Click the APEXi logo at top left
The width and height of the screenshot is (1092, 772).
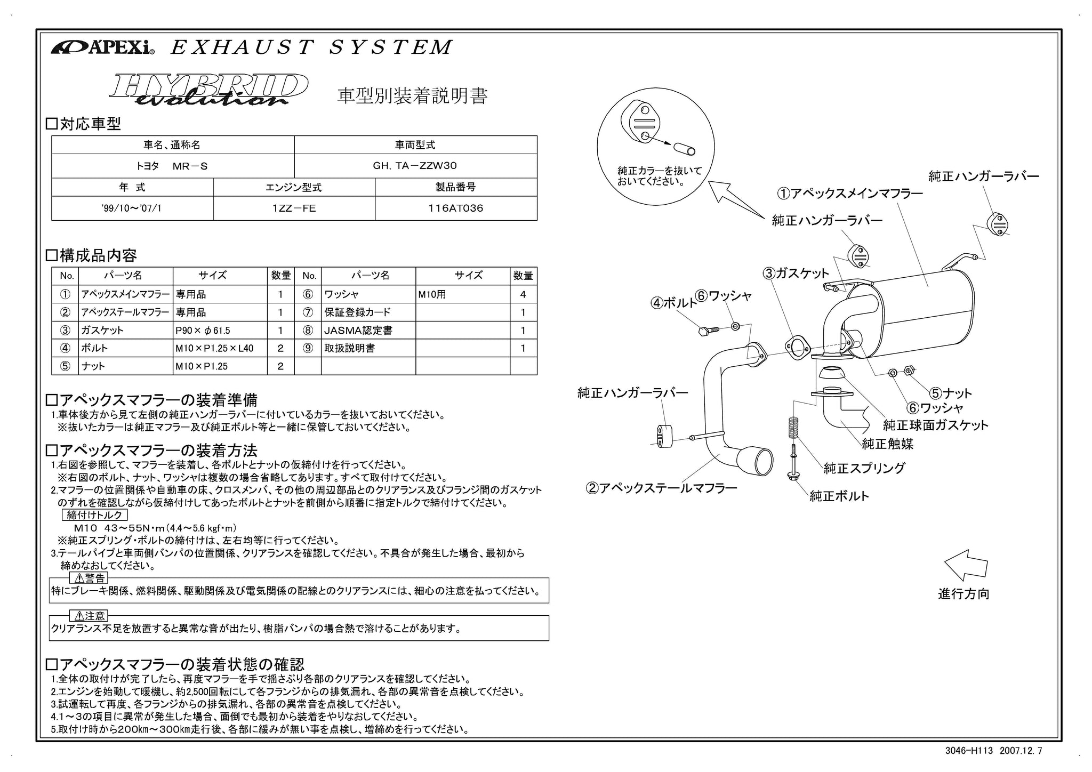[x=102, y=48]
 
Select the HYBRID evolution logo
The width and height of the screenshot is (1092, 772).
[x=208, y=89]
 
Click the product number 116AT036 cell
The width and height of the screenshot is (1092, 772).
[x=456, y=208]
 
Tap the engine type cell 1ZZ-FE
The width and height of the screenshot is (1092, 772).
[x=294, y=208]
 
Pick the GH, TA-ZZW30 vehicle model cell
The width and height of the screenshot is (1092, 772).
[x=415, y=166]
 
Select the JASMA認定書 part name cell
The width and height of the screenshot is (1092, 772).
[x=368, y=331]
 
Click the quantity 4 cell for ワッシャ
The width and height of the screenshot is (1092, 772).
[x=523, y=294]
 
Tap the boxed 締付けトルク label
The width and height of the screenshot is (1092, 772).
[x=95, y=515]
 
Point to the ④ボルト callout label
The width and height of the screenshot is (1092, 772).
[x=673, y=303]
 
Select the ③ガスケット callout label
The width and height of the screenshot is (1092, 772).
[x=796, y=274]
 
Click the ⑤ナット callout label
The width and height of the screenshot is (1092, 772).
[x=951, y=393]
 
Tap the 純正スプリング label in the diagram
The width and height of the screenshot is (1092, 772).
[x=864, y=468]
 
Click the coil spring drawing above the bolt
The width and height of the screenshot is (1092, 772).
[x=793, y=430]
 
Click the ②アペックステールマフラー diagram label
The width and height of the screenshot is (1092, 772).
[x=661, y=488]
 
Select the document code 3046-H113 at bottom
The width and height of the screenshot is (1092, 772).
[x=969, y=751]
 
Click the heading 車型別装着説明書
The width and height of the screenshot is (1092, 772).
[x=412, y=96]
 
